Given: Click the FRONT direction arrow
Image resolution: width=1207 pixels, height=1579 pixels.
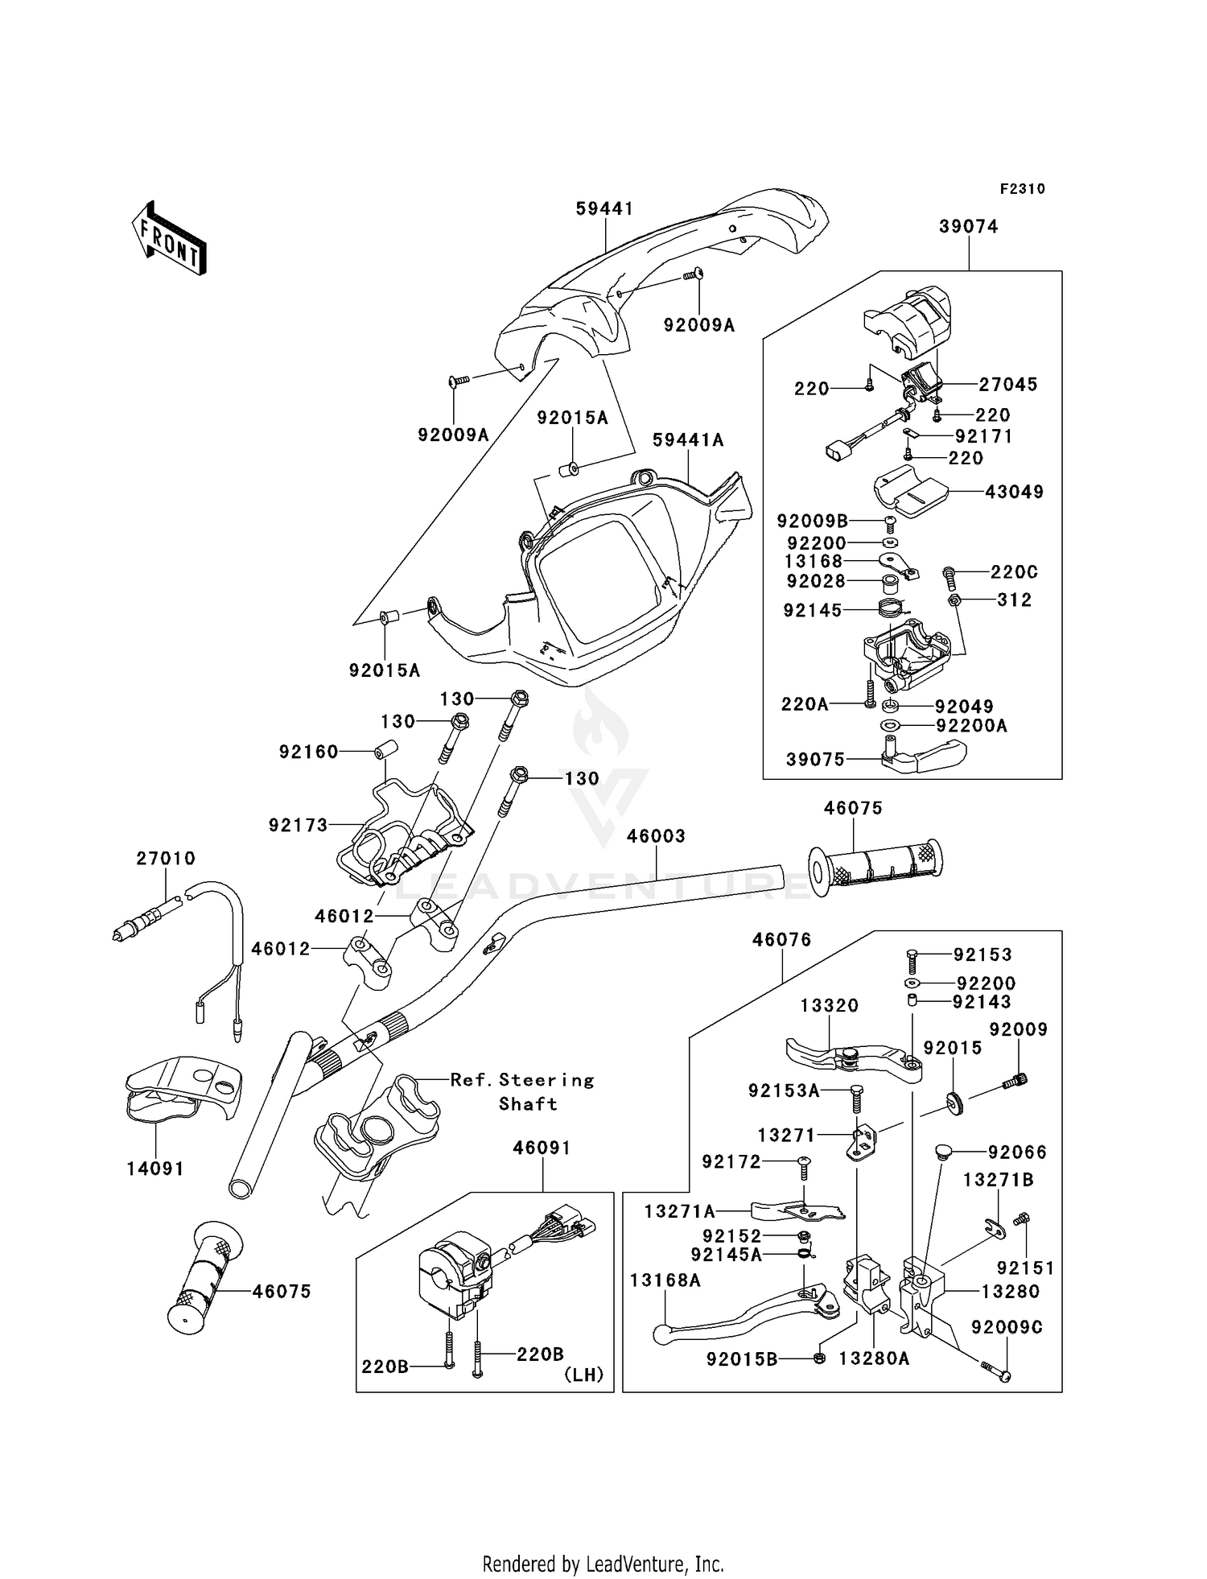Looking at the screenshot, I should (x=170, y=238).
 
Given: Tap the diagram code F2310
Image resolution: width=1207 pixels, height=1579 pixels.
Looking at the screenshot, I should (x=1022, y=189).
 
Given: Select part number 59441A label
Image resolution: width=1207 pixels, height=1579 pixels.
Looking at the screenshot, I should (x=688, y=440).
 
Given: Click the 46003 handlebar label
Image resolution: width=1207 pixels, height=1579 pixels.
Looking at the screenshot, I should (x=656, y=836).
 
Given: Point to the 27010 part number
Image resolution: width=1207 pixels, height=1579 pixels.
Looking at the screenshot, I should (x=166, y=859).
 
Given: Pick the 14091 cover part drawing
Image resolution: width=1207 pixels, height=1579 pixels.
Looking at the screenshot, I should (x=183, y=1088).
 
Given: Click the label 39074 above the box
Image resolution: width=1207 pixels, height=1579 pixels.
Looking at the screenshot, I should (x=968, y=227).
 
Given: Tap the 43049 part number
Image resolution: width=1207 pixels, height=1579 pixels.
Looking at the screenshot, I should (x=1014, y=492).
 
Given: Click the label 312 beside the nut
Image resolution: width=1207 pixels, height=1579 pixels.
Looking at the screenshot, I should (x=1014, y=600).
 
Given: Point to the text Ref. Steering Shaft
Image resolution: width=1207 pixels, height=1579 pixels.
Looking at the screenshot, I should (x=522, y=1091).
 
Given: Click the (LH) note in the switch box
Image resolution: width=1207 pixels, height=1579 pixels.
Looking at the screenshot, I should (x=583, y=1375).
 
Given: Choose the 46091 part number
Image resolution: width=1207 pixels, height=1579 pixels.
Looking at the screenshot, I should (x=542, y=1148).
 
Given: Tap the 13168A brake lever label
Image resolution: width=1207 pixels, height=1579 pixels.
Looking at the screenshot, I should (x=665, y=1280).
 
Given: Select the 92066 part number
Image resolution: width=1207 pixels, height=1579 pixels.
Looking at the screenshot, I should (x=1017, y=1152).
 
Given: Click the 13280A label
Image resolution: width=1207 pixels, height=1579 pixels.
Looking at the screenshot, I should (x=874, y=1358).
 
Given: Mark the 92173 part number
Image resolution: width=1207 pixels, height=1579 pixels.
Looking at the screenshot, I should (x=299, y=825).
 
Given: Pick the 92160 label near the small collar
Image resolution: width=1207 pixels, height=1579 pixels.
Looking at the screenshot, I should (x=308, y=752).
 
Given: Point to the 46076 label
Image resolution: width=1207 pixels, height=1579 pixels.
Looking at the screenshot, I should (x=781, y=939).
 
